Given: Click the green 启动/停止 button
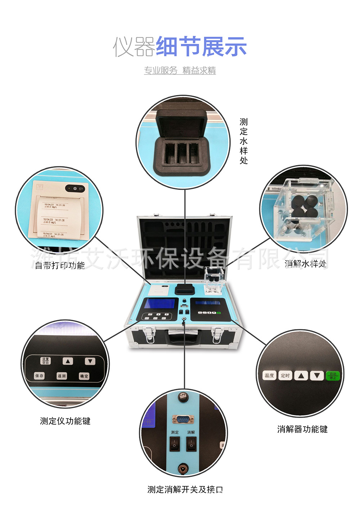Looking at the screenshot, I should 333,376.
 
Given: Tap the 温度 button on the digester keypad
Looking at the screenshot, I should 269,376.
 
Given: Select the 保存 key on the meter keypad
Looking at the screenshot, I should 39,376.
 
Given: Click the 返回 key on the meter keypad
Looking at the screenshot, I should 62,376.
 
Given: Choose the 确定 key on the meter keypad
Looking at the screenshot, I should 84,376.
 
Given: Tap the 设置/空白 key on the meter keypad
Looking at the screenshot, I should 45,361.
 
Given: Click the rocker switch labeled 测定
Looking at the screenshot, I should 175,445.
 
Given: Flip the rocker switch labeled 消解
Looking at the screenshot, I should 191,445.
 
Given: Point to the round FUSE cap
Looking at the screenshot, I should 183,397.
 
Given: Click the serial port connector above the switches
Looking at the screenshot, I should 183,419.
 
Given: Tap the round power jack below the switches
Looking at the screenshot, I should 183,468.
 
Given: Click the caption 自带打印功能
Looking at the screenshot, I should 60,265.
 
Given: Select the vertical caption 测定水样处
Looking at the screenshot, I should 244,141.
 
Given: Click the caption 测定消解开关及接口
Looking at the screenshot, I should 185,490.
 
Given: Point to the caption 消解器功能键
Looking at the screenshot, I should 302,429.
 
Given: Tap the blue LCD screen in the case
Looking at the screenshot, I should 159,304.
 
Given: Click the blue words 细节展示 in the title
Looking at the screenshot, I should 201,47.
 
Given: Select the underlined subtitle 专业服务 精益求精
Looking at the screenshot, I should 180,71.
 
